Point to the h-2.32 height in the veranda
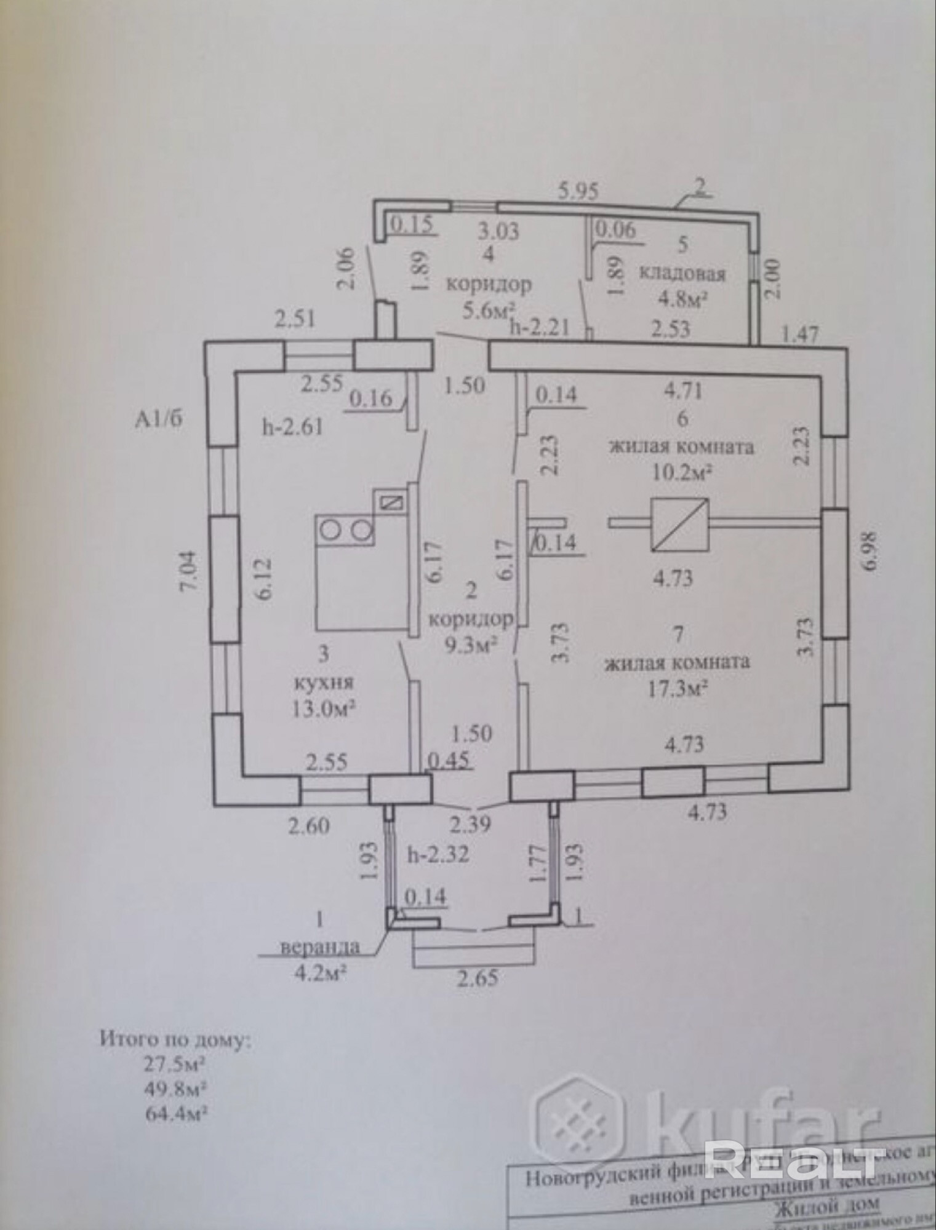click(x=438, y=854)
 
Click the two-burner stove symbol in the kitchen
click(x=345, y=529)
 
